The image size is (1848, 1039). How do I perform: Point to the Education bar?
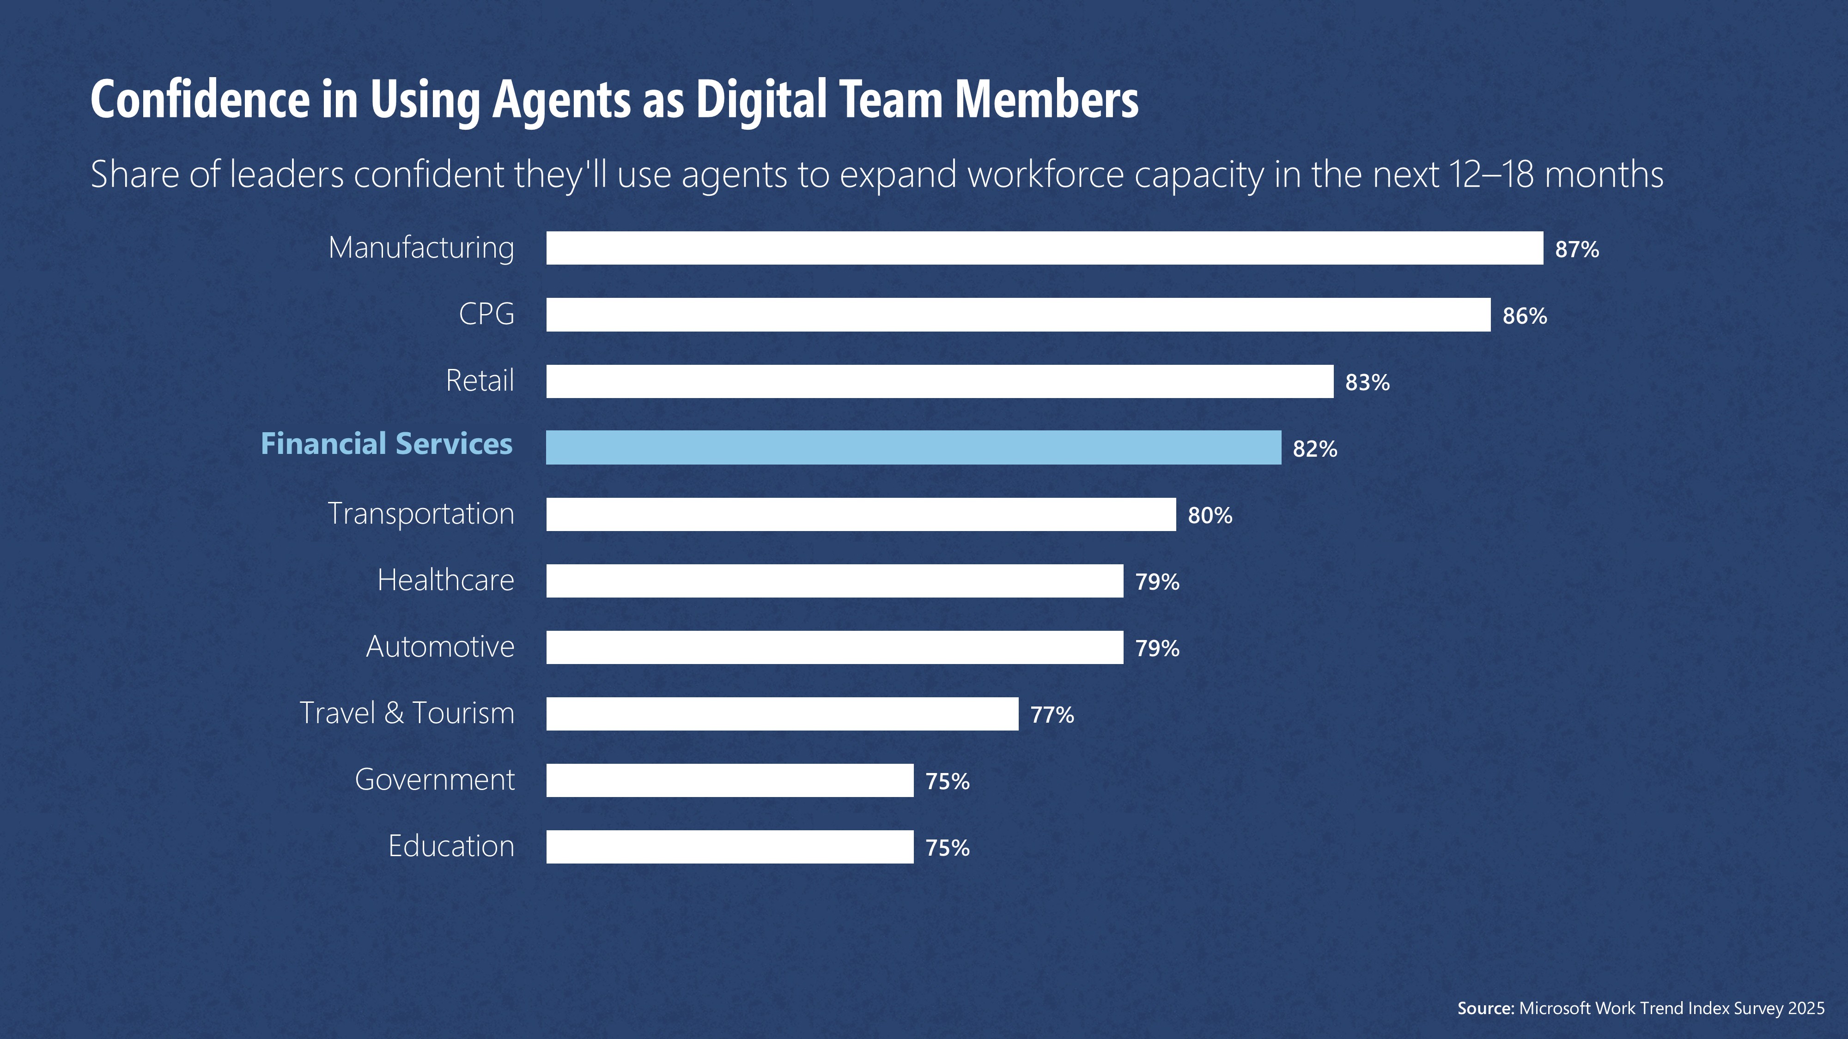click(729, 847)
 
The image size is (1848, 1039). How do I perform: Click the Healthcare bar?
click(834, 581)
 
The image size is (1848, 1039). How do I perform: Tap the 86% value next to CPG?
click(1525, 316)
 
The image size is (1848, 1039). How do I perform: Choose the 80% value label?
click(1210, 515)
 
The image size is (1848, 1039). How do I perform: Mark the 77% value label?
click(1052, 715)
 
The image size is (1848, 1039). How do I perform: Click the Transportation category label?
click(421, 514)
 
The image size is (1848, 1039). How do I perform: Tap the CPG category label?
click(486, 314)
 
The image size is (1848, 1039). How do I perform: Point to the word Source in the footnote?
click(1485, 1008)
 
